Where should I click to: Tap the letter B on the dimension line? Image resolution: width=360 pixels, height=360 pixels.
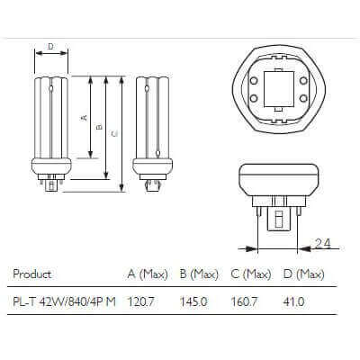tap(99, 126)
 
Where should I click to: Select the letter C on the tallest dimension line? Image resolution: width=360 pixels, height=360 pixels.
tap(113, 134)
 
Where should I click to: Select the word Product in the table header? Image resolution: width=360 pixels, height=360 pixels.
tap(34, 274)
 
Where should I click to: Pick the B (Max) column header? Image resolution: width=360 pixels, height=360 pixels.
tap(200, 274)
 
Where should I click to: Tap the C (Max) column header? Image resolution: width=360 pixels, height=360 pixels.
tap(251, 274)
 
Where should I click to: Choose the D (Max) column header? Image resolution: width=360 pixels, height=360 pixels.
tap(303, 274)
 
